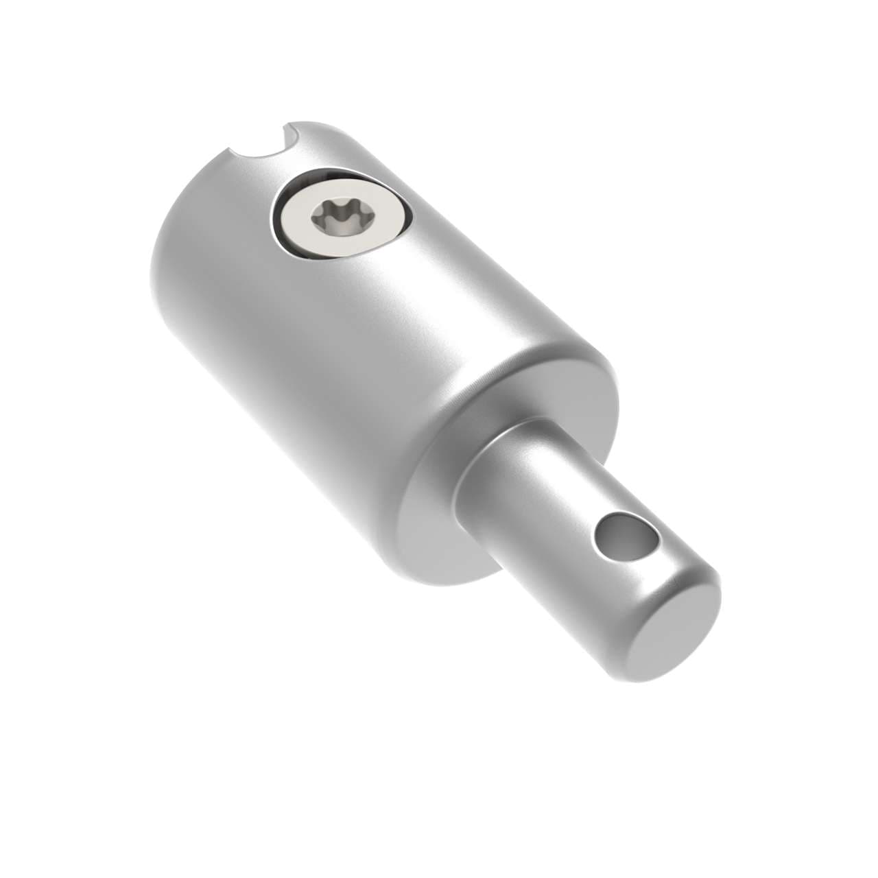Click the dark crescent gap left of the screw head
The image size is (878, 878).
(275, 219)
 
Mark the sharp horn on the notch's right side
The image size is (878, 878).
(291, 127)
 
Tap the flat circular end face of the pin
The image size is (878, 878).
(676, 634)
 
